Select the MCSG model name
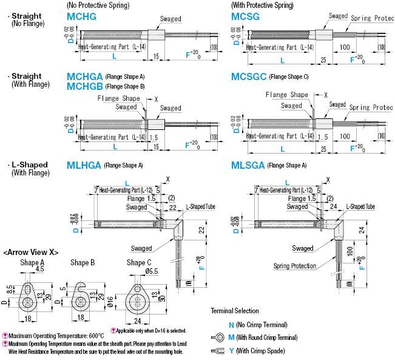tap(245, 17)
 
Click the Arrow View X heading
tap(30, 252)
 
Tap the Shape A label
tap(32, 262)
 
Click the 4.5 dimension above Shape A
tap(40, 270)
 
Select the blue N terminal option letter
tap(231, 325)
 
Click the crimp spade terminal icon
tap(218, 350)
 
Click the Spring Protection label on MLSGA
tap(294, 266)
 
